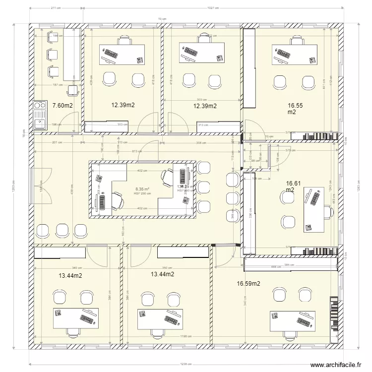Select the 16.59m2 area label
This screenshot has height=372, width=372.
pos(248,284)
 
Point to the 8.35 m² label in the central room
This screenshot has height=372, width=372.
pos(142,189)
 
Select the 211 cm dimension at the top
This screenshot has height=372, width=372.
pos(56,8)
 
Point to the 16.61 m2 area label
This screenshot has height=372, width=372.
pos(291,186)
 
